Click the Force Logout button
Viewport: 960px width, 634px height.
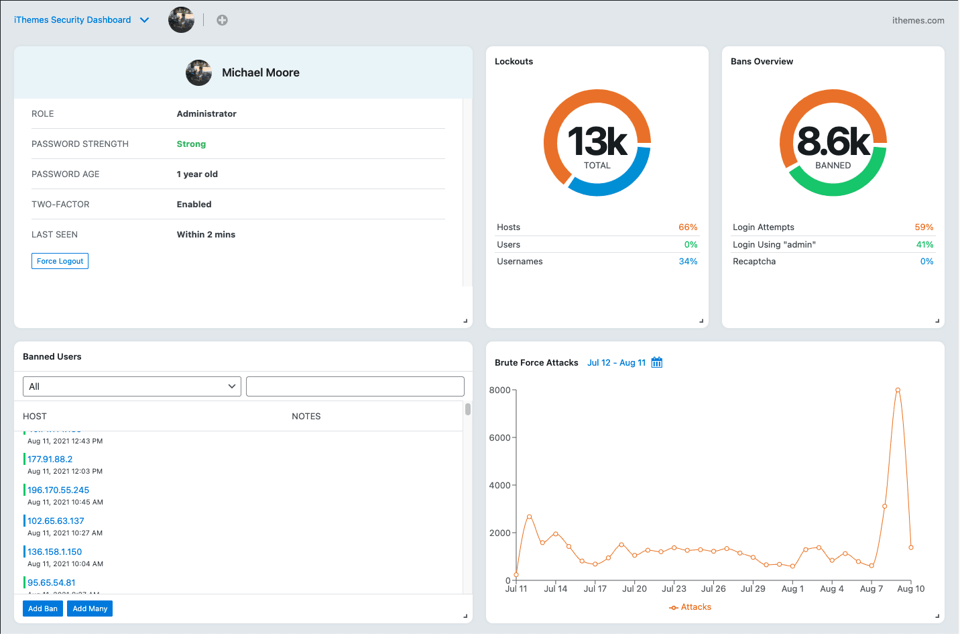pos(60,261)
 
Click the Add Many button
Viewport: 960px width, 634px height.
pos(90,609)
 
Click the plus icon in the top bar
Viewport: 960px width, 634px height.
pos(222,20)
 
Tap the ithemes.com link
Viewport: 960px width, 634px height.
pos(918,21)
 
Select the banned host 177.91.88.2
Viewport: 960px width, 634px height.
pos(50,460)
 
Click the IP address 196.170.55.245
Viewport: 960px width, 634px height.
pos(58,490)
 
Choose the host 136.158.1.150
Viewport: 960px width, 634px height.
pos(54,552)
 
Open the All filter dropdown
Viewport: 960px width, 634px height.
pos(132,386)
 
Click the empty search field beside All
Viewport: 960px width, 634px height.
pos(355,386)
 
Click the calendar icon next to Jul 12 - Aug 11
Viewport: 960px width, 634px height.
pos(657,362)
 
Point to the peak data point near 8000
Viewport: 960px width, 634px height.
pos(898,390)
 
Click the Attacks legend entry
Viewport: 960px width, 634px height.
pos(691,607)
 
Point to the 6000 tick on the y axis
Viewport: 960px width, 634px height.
pos(500,437)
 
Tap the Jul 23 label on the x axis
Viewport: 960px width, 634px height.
pos(674,589)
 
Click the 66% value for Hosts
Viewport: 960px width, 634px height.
pos(688,227)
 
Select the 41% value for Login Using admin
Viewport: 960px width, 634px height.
pos(924,245)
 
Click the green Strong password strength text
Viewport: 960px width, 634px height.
pos(191,144)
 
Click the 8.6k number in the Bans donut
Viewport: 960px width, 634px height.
pos(833,142)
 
